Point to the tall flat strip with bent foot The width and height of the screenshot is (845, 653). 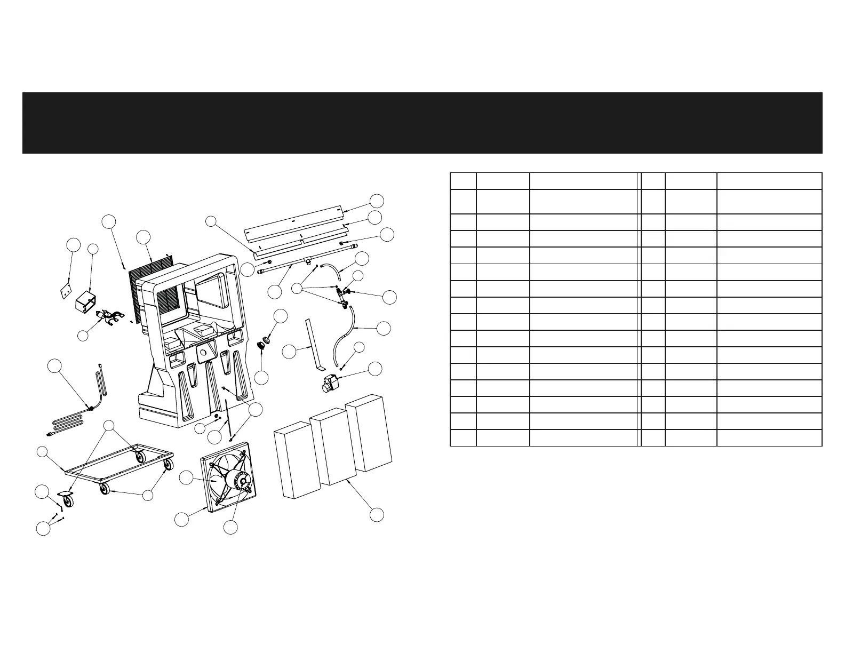click(312, 344)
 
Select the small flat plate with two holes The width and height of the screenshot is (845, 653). click(66, 292)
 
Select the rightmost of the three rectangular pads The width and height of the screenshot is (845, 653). click(369, 433)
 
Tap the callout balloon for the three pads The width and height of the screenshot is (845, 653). click(377, 515)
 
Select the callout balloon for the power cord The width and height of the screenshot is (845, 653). click(54, 366)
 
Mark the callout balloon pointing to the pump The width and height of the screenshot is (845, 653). click(376, 368)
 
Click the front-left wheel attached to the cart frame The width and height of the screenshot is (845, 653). click(103, 488)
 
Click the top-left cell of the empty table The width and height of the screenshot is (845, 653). click(463, 180)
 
